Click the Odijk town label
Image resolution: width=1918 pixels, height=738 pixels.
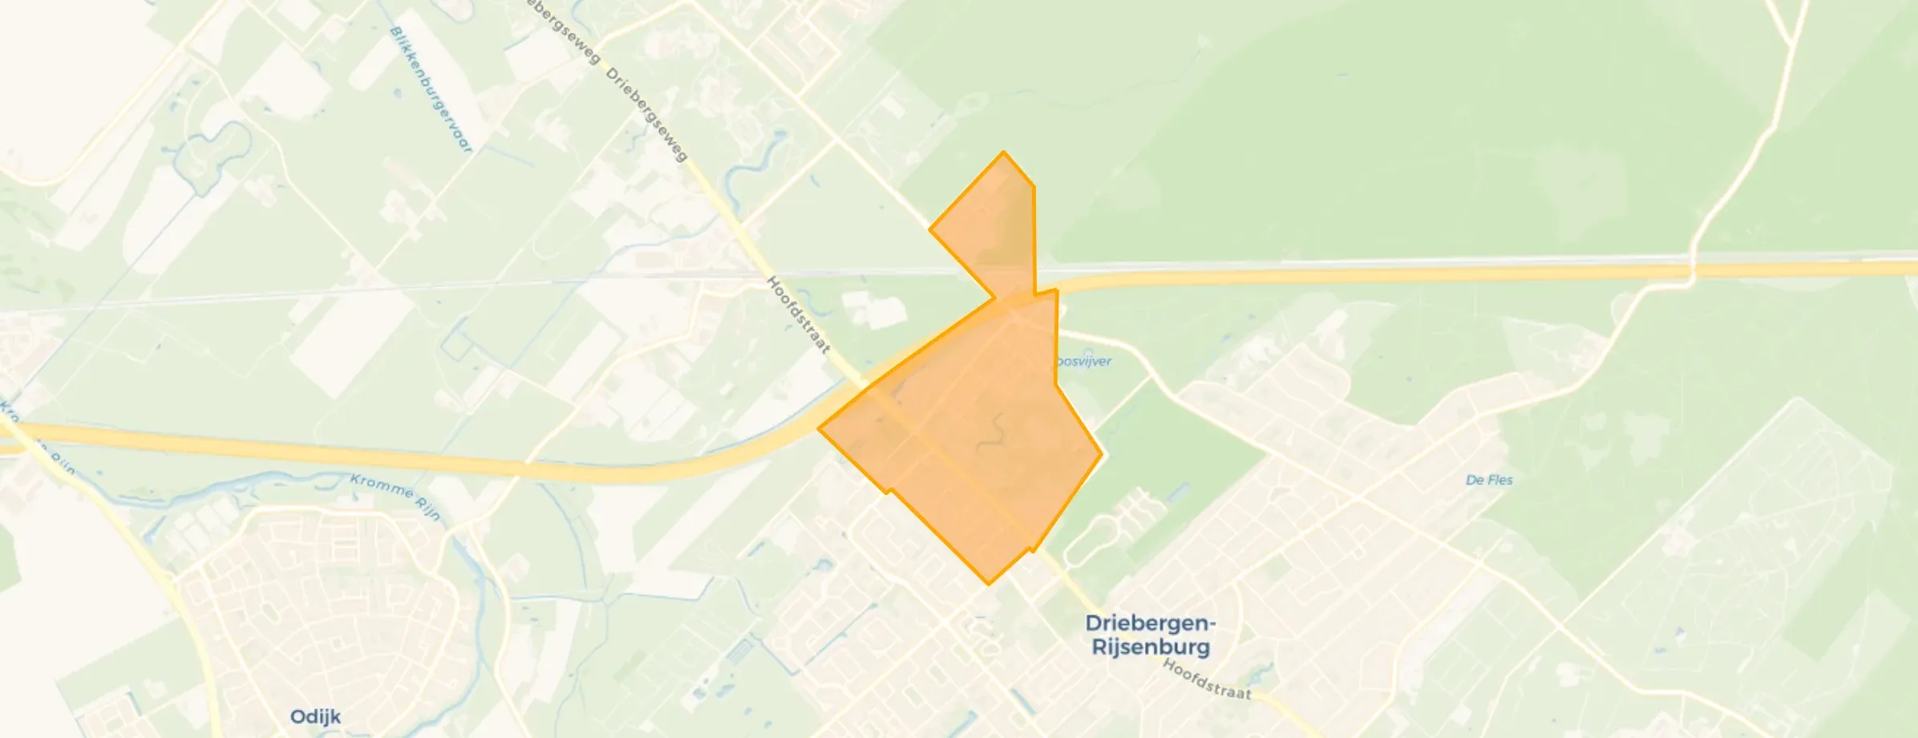pyautogui.click(x=316, y=716)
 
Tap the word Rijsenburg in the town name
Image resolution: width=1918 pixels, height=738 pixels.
pyautogui.click(x=1151, y=647)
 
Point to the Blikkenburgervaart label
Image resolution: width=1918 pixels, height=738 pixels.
pyautogui.click(x=431, y=89)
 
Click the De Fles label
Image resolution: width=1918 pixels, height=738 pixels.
pyautogui.click(x=1489, y=480)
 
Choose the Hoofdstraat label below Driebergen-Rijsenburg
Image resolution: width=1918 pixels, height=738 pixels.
pyautogui.click(x=1207, y=680)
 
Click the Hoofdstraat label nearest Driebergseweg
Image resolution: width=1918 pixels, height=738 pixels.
pyautogui.click(x=798, y=315)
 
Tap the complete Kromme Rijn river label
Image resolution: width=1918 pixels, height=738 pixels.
pyautogui.click(x=395, y=497)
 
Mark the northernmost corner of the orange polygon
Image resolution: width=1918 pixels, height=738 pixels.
pyautogui.click(x=1003, y=152)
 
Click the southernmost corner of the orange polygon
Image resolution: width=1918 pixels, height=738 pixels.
pyautogui.click(x=988, y=584)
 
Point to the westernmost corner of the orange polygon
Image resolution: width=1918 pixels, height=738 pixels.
pyautogui.click(x=819, y=428)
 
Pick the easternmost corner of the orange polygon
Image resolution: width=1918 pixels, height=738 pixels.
pyautogui.click(x=1102, y=453)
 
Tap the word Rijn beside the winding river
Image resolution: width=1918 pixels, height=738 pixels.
pyautogui.click(x=427, y=510)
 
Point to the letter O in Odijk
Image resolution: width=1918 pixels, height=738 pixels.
pyautogui.click(x=298, y=716)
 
